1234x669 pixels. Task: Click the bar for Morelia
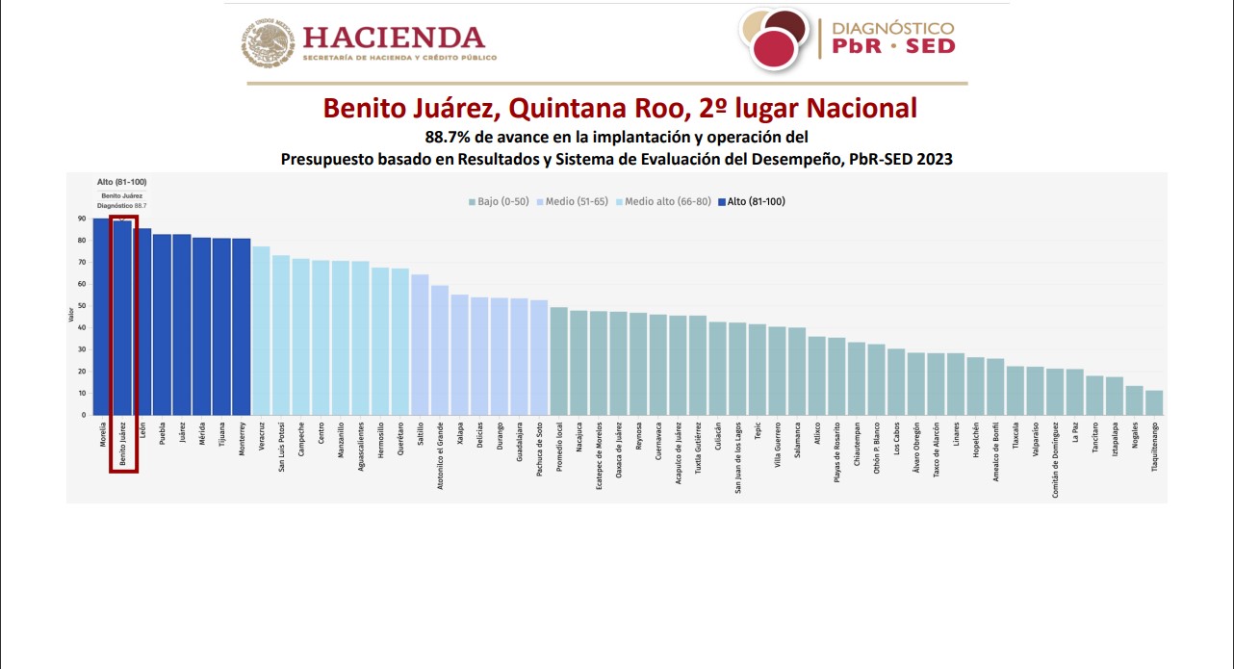(101, 317)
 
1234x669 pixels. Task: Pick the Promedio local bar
(559, 361)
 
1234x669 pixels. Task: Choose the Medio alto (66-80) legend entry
(662, 201)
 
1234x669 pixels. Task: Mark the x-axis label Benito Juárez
(122, 444)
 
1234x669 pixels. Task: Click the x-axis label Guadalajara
(520, 444)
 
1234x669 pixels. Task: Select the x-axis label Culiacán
(718, 439)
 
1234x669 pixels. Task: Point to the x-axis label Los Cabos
(896, 437)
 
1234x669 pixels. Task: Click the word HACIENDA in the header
(394, 39)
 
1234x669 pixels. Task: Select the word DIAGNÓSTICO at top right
(891, 28)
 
